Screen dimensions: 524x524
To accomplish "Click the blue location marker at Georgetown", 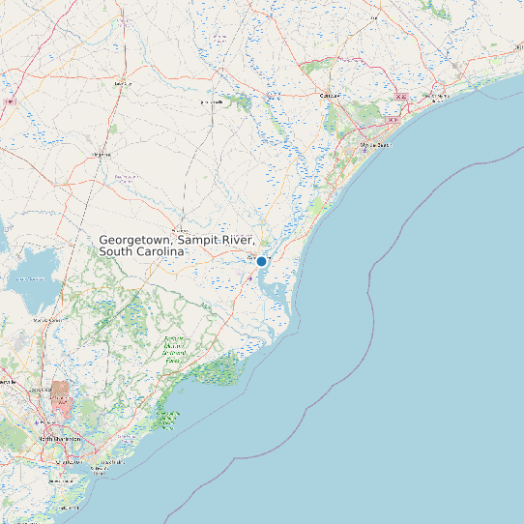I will pyautogui.click(x=261, y=261).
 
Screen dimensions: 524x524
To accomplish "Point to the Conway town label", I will pyautogui.click(x=332, y=96).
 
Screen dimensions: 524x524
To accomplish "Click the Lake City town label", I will pyautogui.click(x=122, y=84).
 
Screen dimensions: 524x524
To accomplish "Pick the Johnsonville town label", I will pyautogui.click(x=211, y=101).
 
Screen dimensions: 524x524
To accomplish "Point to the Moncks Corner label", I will pyautogui.click(x=47, y=319).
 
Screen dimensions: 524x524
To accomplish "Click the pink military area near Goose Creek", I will pyautogui.click(x=60, y=392).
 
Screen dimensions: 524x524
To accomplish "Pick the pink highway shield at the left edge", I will pyautogui.click(x=11, y=101).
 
